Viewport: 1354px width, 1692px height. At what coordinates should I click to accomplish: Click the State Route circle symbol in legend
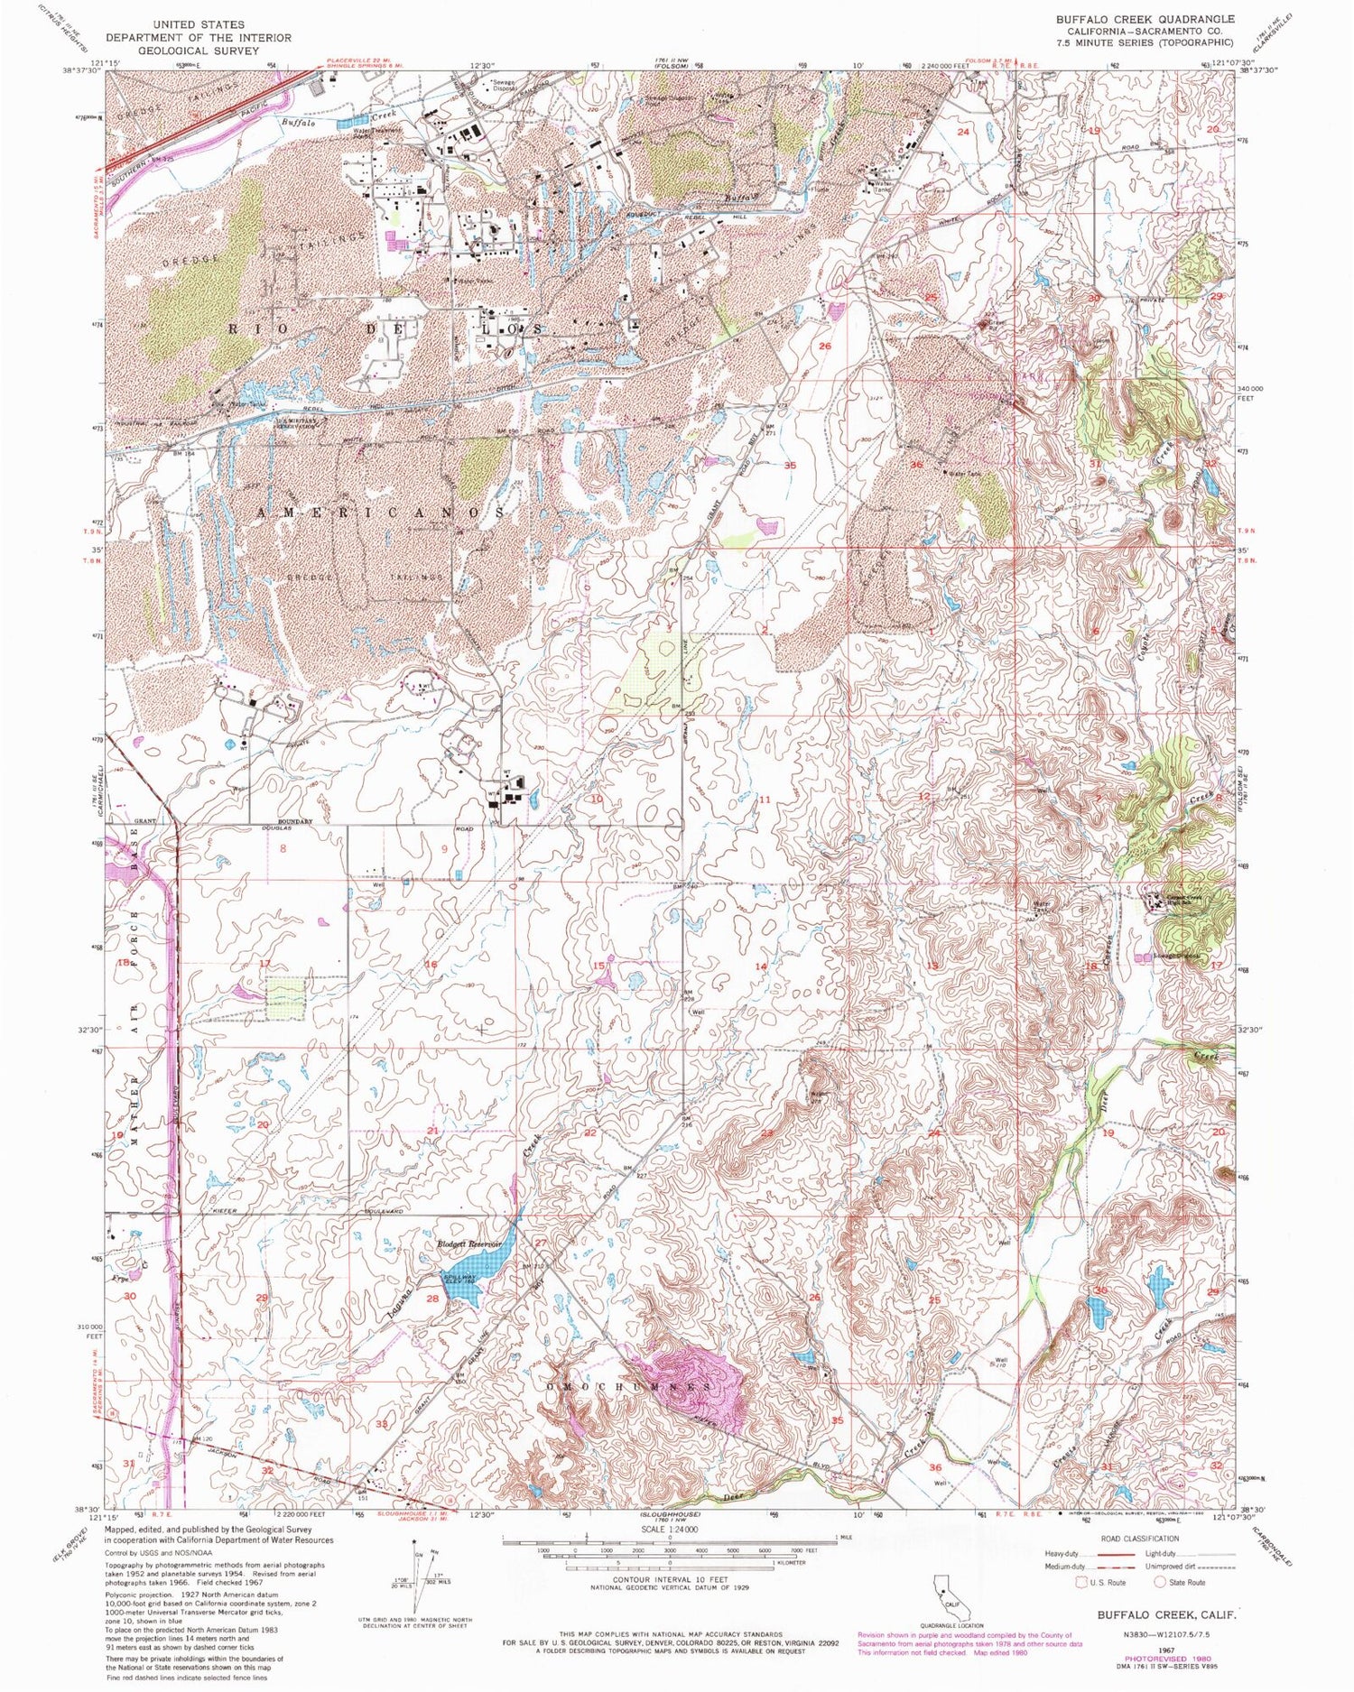pos(1160,1581)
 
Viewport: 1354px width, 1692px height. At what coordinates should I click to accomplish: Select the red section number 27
pos(540,1244)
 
